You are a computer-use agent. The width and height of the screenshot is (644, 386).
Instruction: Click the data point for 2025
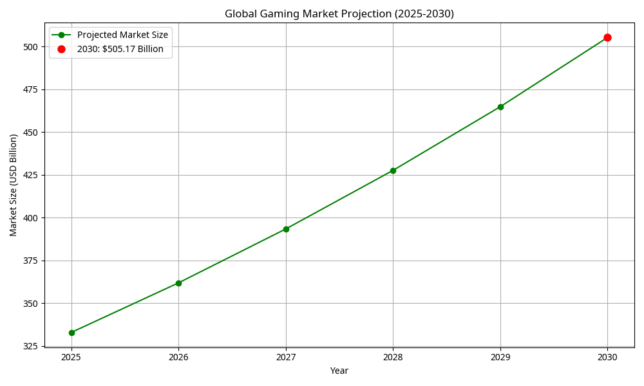71,333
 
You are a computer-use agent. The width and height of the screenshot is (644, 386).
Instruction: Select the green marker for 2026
178,283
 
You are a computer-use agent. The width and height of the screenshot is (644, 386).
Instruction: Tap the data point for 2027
286,229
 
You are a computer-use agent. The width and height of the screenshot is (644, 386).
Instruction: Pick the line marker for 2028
393,170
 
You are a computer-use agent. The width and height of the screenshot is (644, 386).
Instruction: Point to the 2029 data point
500,107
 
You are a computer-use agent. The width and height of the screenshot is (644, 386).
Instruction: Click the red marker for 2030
607,38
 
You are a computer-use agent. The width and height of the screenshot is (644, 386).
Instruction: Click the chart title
339,14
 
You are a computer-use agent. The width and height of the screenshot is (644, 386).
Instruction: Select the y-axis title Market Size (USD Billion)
14,185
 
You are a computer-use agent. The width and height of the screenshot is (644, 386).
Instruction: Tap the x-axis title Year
339,371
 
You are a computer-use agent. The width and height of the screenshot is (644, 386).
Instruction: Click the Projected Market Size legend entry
122,35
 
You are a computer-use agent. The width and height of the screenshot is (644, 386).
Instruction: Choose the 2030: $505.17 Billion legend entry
125,49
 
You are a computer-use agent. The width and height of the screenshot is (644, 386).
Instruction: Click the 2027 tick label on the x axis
286,357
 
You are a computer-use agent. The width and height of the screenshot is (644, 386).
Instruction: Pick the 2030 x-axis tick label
607,357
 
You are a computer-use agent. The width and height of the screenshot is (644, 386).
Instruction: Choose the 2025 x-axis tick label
71,357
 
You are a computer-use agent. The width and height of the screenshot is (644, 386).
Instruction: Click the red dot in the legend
62,49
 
